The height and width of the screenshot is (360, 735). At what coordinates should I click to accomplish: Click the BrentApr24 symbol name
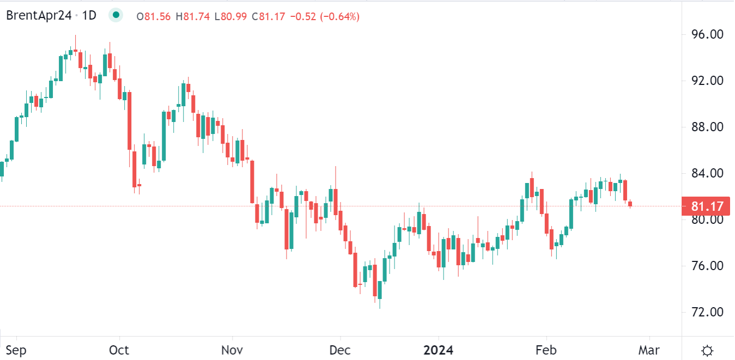click(38, 16)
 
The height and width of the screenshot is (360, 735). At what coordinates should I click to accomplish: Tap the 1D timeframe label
click(89, 16)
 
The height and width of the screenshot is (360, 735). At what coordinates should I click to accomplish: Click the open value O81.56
click(154, 17)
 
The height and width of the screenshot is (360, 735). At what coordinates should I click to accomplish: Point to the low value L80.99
click(231, 17)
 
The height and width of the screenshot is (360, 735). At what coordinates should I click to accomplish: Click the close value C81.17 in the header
click(269, 17)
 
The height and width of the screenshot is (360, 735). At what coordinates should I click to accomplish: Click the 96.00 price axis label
click(706, 34)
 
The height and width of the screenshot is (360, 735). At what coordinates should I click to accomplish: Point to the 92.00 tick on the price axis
click(706, 81)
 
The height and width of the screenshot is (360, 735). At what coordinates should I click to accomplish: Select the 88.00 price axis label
click(706, 127)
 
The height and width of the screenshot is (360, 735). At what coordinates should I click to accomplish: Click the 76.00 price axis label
click(706, 266)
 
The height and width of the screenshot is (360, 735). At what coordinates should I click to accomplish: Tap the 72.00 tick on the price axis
click(706, 312)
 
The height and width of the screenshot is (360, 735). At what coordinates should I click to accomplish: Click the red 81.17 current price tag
click(706, 207)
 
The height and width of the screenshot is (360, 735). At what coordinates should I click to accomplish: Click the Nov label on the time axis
click(233, 350)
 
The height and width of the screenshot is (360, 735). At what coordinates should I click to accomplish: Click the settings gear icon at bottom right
click(707, 350)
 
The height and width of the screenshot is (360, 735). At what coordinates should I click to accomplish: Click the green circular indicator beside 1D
click(116, 16)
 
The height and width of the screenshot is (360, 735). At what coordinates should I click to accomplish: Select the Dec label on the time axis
click(340, 350)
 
